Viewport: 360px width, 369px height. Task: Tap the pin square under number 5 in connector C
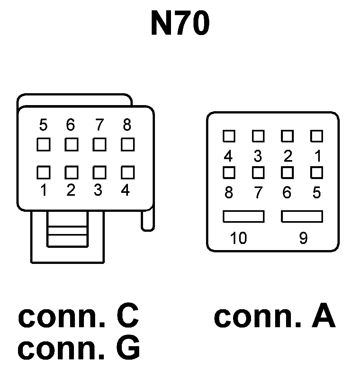(43, 145)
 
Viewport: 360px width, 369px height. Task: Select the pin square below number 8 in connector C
(128, 145)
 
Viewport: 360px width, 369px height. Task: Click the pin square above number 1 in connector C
(43, 172)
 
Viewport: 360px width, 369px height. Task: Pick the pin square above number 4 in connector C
(128, 172)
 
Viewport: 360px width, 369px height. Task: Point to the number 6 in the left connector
(70, 125)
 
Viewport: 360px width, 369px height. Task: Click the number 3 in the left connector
(98, 190)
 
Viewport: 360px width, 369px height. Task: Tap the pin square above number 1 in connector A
(317, 136)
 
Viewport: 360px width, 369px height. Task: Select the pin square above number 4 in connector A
(229, 136)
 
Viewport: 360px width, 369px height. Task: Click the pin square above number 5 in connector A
(317, 173)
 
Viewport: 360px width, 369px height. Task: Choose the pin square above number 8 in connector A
(229, 173)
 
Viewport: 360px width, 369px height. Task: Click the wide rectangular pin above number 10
(244, 216)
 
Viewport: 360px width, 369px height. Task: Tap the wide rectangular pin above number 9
(302, 216)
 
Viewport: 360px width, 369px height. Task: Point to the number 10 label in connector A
(238, 238)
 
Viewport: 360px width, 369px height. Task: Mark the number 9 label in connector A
(303, 238)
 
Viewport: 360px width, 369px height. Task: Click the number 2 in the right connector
(288, 156)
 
